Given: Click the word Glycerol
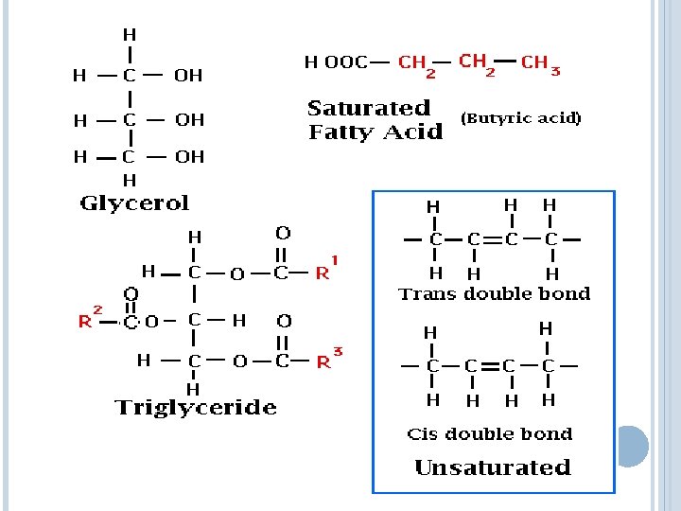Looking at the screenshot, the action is click(134, 203).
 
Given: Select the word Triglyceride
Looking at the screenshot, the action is click(196, 408).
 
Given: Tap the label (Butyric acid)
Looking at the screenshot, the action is click(520, 118).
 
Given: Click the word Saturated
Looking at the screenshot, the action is click(369, 108).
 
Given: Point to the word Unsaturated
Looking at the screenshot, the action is click(493, 467).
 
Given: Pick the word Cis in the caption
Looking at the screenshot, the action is click(422, 434).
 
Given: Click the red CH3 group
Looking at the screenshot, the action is click(539, 64).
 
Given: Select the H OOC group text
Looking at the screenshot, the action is click(336, 63).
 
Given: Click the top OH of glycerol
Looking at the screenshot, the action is click(188, 76).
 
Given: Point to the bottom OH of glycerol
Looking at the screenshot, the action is click(189, 157).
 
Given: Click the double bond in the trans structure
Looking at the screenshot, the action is click(490, 239).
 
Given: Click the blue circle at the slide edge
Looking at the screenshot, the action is click(631, 446).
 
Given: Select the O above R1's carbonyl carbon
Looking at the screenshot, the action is click(282, 233).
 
